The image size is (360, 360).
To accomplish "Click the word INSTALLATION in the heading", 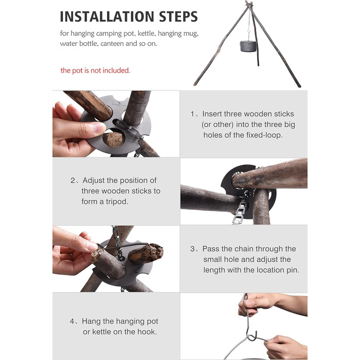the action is [x=107, y=16].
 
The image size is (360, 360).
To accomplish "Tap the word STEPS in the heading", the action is [x=178, y=16].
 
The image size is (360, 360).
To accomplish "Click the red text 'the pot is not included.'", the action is [x=95, y=70].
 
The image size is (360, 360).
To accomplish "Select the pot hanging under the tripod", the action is [x=248, y=46].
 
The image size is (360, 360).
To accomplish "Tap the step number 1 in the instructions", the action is [x=192, y=114].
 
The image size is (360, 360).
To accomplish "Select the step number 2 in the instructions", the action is [x=73, y=181].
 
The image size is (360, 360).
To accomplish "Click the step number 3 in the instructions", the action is [x=192, y=249].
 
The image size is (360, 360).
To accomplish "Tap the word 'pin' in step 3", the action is [x=293, y=270].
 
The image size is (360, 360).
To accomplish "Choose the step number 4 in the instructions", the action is [x=72, y=321].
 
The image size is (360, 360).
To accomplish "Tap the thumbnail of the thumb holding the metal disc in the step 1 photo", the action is [x=100, y=128].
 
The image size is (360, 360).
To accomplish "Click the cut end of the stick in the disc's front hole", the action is [x=114, y=139].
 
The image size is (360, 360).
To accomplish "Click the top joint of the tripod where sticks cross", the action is [x=249, y=4].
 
